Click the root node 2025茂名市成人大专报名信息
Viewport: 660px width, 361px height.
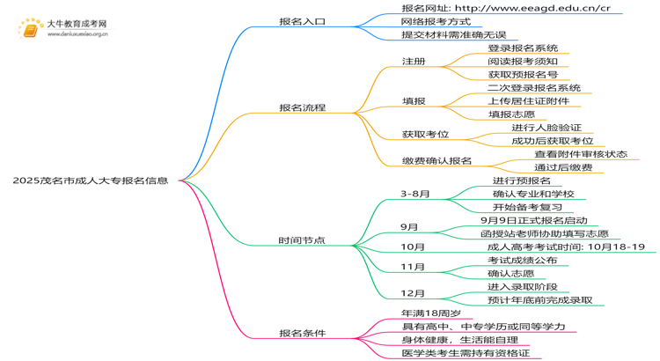[91, 180]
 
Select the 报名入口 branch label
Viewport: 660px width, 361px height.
[302, 20]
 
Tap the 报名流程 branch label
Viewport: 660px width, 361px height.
[302, 107]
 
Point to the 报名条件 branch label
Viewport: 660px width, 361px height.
[302, 333]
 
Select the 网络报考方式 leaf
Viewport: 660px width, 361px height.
[436, 21]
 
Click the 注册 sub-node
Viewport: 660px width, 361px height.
[414, 62]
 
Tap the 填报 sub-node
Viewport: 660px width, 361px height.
[414, 101]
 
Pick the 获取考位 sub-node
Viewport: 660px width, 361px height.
[425, 134]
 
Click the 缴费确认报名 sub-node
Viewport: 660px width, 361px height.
[436, 161]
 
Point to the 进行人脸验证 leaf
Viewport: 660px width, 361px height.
[546, 128]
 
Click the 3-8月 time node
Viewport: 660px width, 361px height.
[415, 193]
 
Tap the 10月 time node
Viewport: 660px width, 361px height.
[412, 247]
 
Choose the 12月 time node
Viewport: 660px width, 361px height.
[412, 292]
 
